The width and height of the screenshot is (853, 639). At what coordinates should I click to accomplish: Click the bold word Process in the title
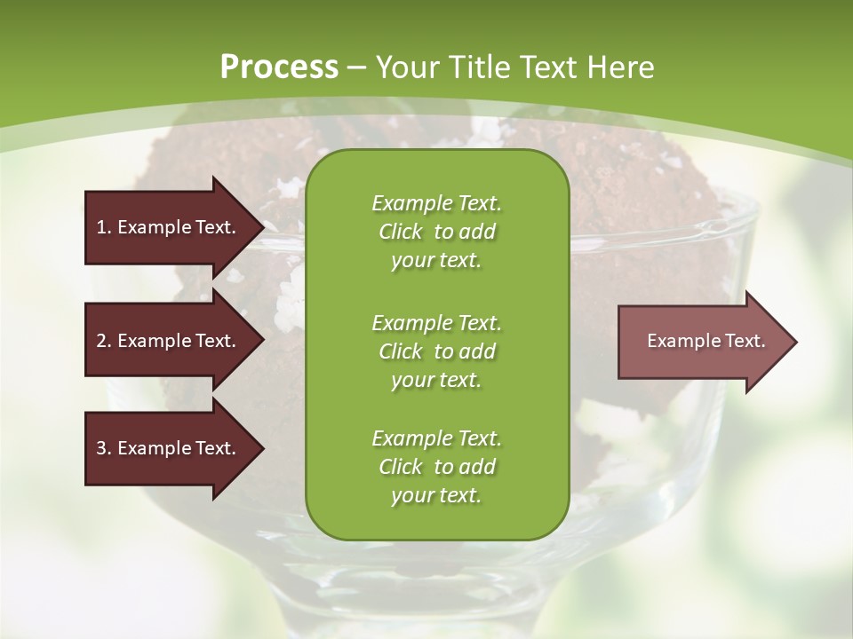click(279, 67)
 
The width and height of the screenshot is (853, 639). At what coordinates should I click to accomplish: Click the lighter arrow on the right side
click(702, 342)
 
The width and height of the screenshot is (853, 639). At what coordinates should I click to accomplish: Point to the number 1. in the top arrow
click(104, 227)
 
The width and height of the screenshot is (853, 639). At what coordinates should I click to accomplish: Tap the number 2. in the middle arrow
click(104, 341)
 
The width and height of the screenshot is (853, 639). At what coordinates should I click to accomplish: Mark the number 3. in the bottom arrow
click(104, 448)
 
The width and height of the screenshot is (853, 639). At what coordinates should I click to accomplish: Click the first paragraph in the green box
click(436, 232)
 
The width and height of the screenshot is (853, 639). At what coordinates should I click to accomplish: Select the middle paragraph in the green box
click(436, 351)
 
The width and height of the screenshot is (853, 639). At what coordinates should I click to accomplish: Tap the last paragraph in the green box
click(436, 467)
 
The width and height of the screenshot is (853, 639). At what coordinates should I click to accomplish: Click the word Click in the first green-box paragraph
click(400, 232)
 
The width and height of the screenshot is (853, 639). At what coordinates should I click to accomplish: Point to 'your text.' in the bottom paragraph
click(436, 495)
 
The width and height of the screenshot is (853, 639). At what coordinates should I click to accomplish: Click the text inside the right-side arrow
click(706, 341)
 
